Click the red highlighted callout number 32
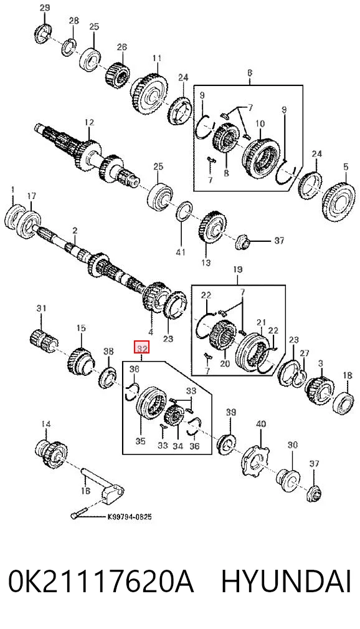pyautogui.click(x=141, y=348)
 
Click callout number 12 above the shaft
pyautogui.click(x=88, y=122)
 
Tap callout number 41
pyautogui.click(x=181, y=252)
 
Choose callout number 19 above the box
pyautogui.click(x=238, y=270)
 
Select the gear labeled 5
pyautogui.click(x=339, y=201)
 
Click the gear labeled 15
pyautogui.click(x=80, y=357)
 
